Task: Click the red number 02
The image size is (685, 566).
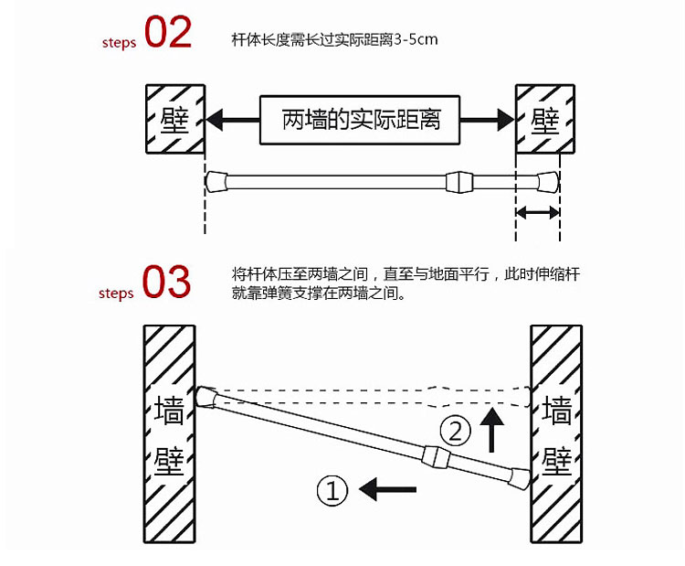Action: click(168, 34)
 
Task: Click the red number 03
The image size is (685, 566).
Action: click(166, 283)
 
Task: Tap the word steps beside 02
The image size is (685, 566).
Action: click(119, 42)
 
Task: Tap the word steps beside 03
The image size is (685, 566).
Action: click(116, 294)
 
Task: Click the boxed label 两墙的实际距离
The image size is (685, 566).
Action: click(361, 119)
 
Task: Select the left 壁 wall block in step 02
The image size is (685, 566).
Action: click(174, 119)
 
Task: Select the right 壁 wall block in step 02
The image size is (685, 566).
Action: click(545, 119)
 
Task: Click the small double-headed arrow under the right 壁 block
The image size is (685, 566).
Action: click(537, 212)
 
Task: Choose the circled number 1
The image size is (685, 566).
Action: click(332, 491)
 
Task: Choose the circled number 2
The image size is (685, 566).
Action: click(456, 428)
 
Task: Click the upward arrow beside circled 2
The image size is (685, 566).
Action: click(493, 430)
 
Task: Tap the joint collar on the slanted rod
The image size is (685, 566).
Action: click(437, 454)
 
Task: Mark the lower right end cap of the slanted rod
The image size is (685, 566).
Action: click(521, 476)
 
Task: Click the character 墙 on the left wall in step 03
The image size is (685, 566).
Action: click(170, 411)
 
